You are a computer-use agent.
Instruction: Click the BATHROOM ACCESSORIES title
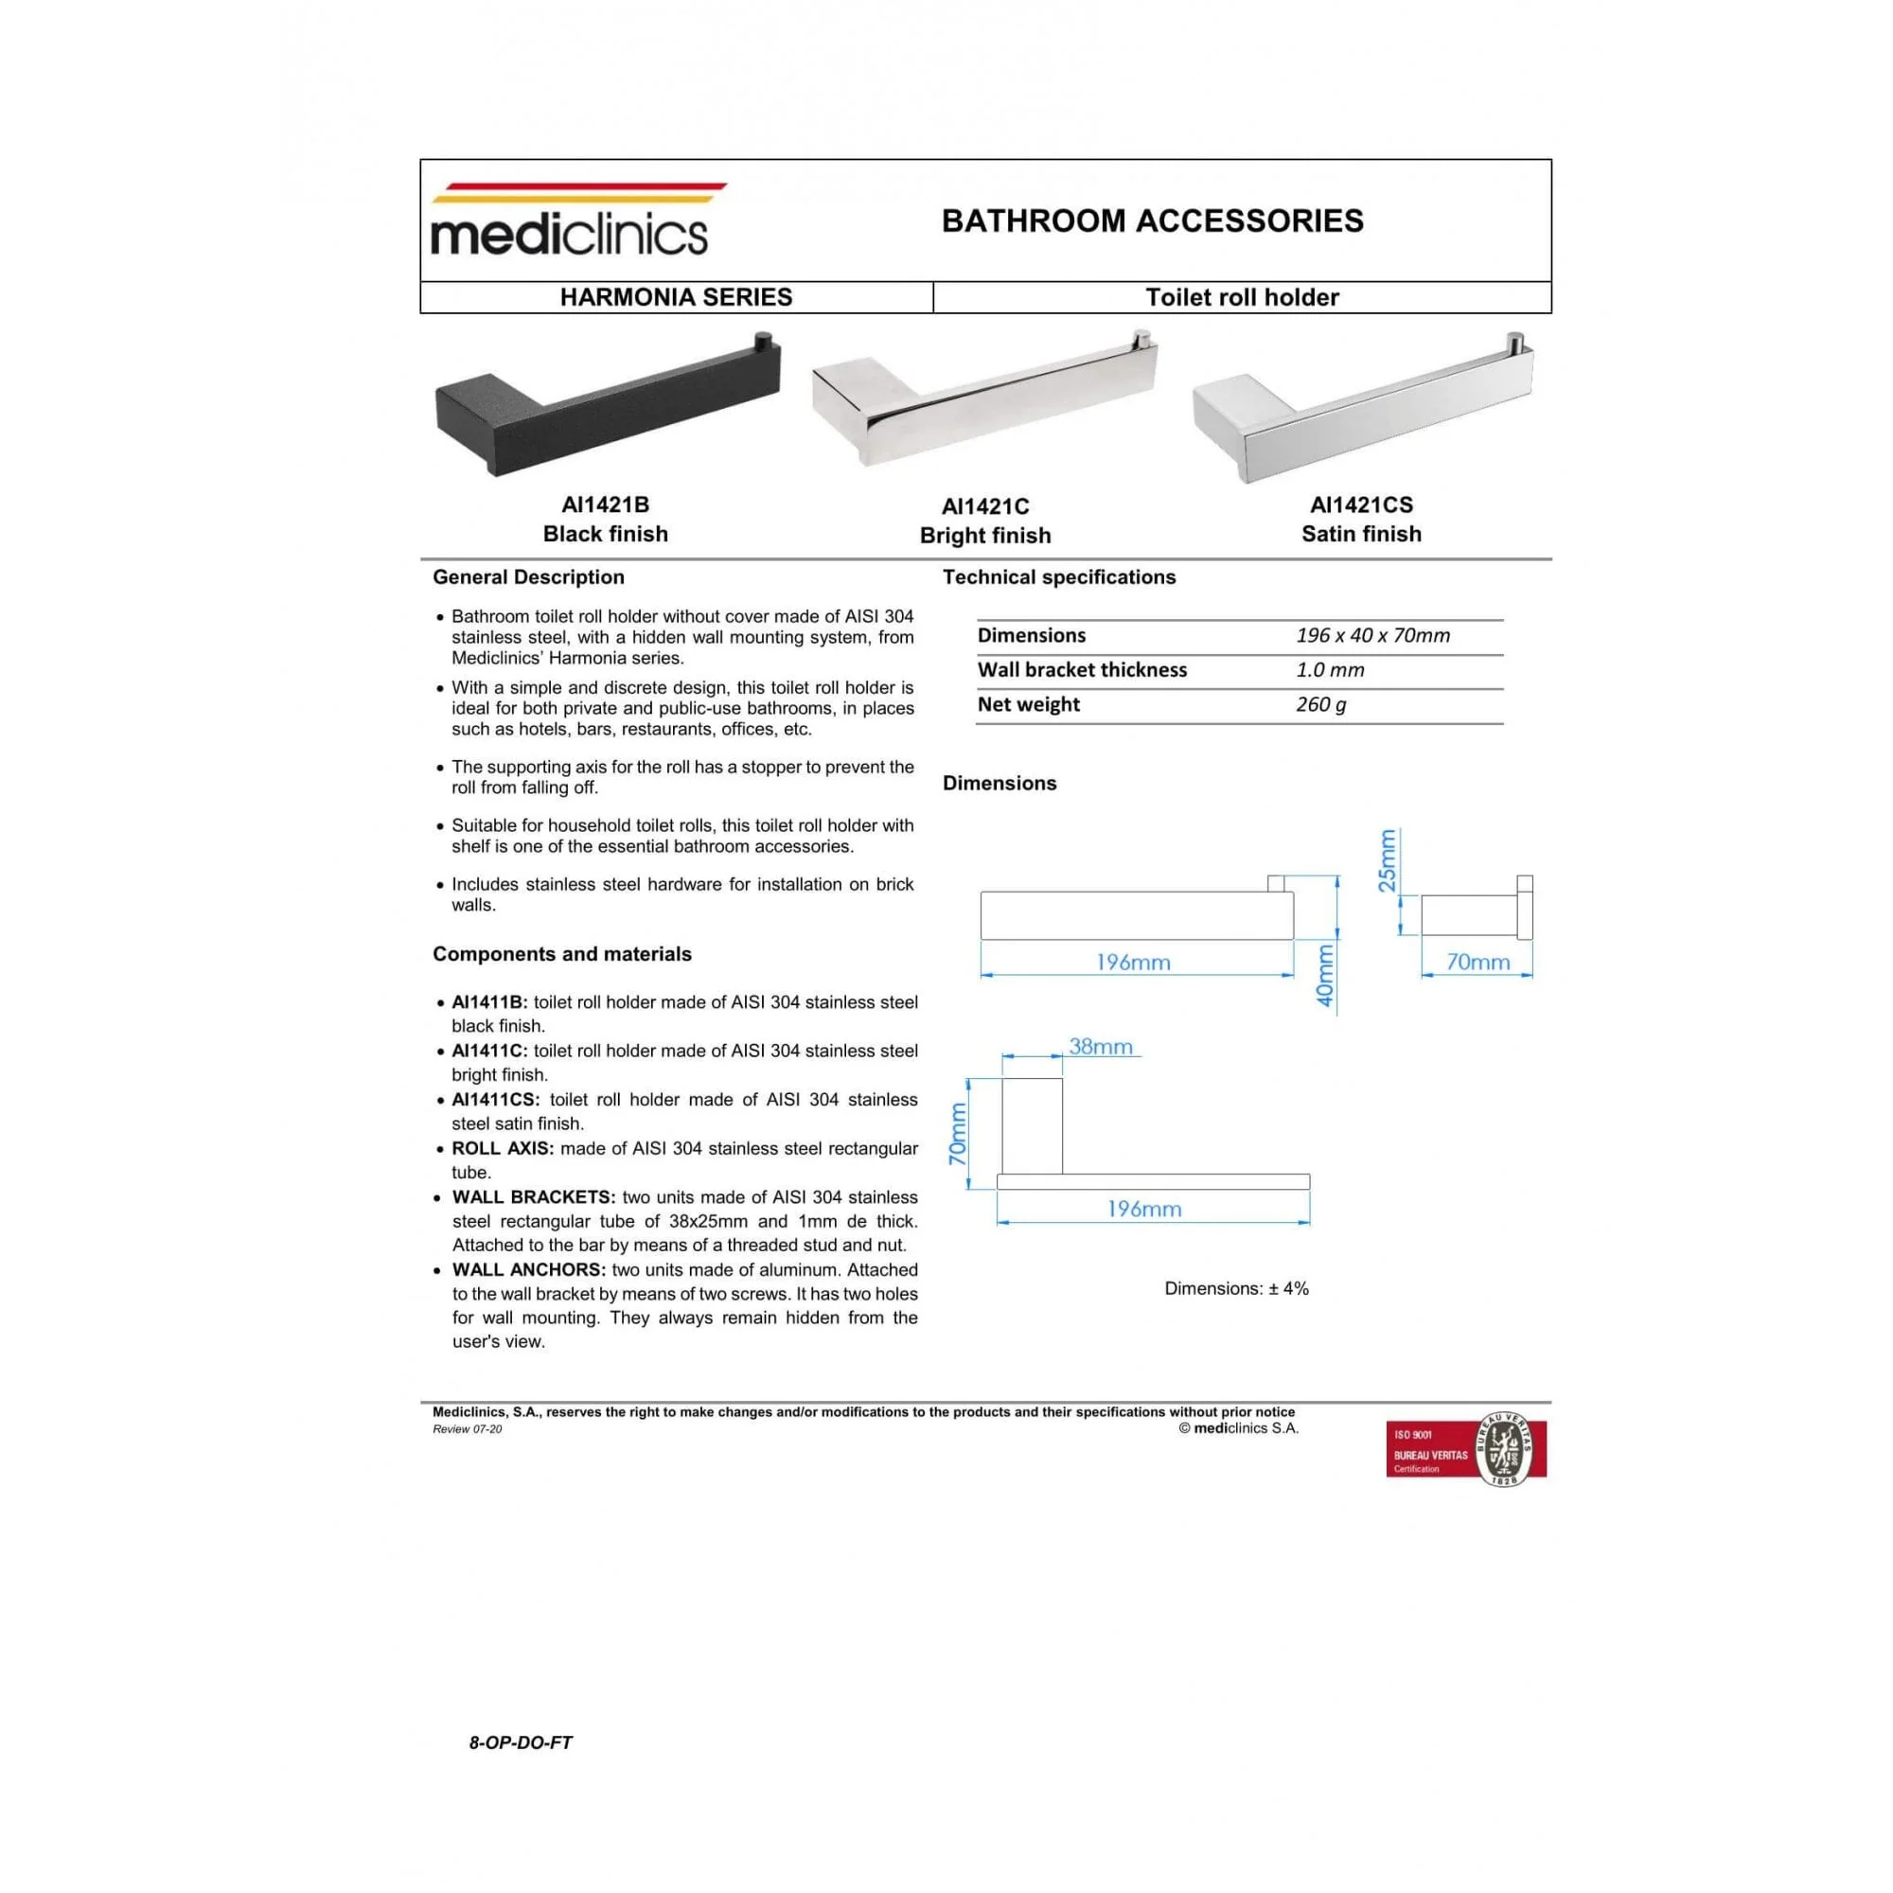click(x=1152, y=221)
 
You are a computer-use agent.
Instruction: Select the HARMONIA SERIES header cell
click(x=676, y=297)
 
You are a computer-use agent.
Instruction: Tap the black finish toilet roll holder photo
click(x=608, y=405)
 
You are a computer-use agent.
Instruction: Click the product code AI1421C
click(x=984, y=506)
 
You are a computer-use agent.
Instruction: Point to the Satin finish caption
click(x=1361, y=534)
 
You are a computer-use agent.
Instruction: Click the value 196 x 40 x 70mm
click(x=1372, y=635)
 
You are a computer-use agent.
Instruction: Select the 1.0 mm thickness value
click(x=1330, y=670)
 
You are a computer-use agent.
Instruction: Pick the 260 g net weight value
click(x=1320, y=704)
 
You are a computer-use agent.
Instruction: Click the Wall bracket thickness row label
click(x=1082, y=670)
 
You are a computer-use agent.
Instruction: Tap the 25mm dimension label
click(x=1387, y=860)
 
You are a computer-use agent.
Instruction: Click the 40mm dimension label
click(x=1325, y=976)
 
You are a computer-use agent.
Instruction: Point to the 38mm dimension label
click(x=1101, y=1047)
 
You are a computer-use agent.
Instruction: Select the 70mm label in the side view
click(x=1477, y=963)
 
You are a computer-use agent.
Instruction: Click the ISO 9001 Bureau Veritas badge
click(x=1466, y=1448)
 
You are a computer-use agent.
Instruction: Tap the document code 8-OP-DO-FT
click(x=521, y=1743)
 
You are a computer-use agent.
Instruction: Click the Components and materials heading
click(x=561, y=954)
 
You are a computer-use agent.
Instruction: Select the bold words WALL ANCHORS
click(x=529, y=1270)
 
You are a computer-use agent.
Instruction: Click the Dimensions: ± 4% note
click(x=1236, y=1288)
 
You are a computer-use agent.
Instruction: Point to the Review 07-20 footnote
click(x=468, y=1428)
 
